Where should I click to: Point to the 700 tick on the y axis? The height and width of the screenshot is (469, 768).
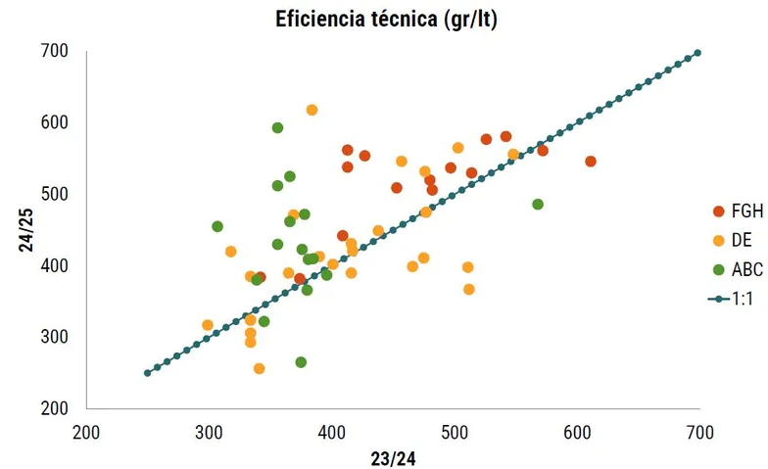54,51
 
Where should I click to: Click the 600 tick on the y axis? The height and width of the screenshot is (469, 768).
54,122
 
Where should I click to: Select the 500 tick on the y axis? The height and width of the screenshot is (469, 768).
54,194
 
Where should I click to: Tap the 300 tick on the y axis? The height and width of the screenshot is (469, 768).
54,337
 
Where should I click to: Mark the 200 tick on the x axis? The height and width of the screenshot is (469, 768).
87,431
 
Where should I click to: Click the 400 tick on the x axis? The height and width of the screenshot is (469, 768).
332,431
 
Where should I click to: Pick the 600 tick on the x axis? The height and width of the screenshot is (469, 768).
577,431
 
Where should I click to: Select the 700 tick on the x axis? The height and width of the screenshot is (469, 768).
699,431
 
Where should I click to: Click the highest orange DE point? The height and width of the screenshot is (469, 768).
312,110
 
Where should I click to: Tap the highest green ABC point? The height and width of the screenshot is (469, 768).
277,128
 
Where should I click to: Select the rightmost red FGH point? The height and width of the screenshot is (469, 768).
590,162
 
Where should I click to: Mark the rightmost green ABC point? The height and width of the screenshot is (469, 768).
537,205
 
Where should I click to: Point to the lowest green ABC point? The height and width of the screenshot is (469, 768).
301,362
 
